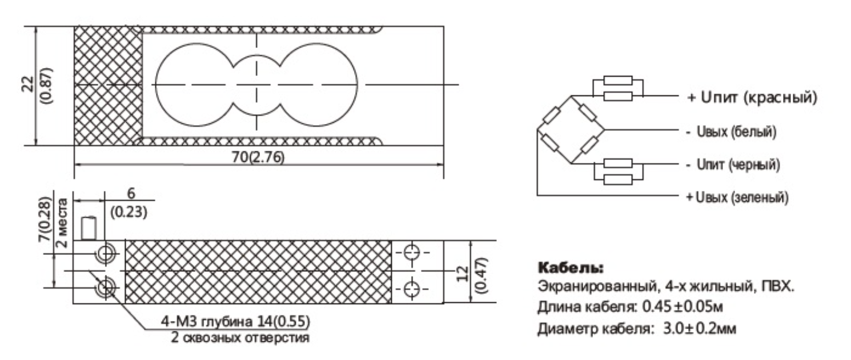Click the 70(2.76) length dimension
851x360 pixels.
[259, 156]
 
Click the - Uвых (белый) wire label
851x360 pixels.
[732, 131]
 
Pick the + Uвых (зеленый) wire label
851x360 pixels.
[737, 198]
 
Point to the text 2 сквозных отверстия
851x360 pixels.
[240, 337]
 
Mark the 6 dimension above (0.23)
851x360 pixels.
[131, 194]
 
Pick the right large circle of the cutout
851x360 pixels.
[322, 86]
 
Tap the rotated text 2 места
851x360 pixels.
[63, 222]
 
